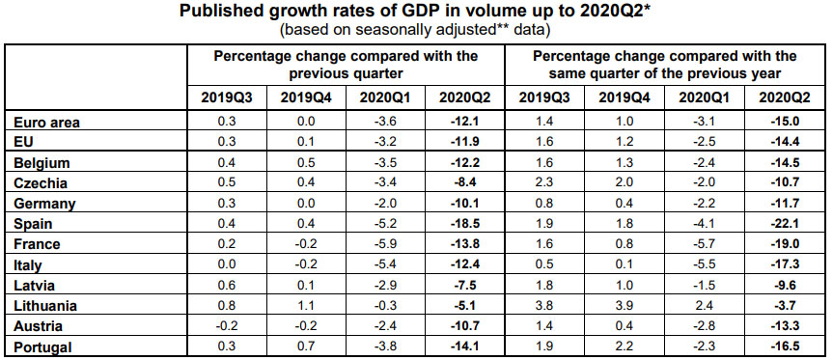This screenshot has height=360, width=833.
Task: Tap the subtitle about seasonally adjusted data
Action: (x=415, y=30)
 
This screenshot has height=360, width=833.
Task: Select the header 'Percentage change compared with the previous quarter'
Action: (x=346, y=64)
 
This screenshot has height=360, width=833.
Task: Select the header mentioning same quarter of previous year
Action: (x=664, y=64)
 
